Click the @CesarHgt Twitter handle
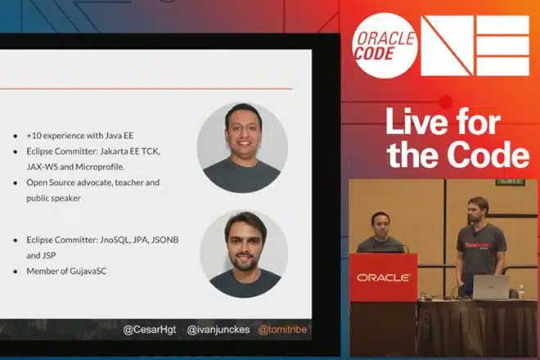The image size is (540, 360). point(150,330)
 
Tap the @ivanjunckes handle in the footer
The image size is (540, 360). point(218,330)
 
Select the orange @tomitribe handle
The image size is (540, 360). point(282,330)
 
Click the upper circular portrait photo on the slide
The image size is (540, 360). point(242,147)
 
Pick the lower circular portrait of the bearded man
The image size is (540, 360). point(244,254)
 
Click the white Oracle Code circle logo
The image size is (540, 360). point(385,46)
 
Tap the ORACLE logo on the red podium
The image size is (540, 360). point(384,277)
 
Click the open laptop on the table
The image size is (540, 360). point(491,287)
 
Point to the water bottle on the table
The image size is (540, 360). point(521,292)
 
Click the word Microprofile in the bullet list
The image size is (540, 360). point(100,167)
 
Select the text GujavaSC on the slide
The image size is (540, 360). point(88,271)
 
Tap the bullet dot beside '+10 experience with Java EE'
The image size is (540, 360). point(16,136)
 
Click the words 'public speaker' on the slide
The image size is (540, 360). point(54,198)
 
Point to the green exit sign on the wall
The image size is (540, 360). point(511,181)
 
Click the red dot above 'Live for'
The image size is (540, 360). point(447,101)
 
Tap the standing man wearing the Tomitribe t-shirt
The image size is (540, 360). point(480,245)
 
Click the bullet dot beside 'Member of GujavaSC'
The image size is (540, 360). point(16,272)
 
